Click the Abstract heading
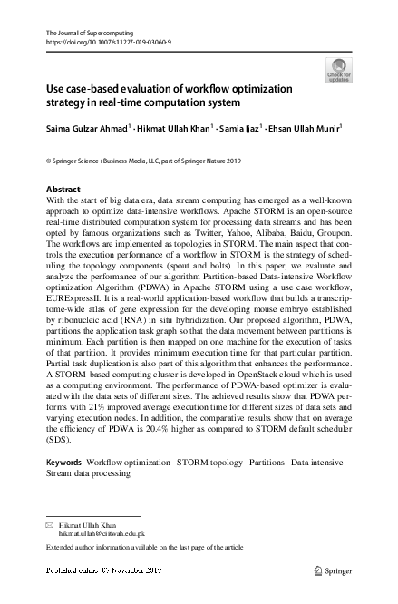point(63,190)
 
